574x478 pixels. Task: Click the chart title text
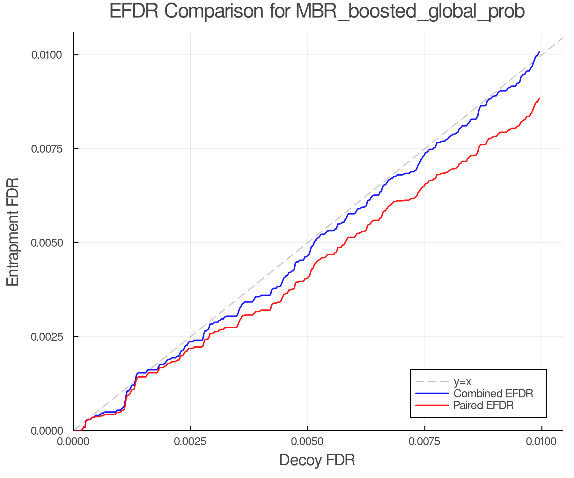(317, 11)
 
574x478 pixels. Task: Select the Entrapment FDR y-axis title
(13, 232)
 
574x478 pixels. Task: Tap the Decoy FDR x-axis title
(317, 460)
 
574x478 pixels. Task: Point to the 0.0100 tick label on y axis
(46, 55)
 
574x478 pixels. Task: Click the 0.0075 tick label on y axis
(46, 149)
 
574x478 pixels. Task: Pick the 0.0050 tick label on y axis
(46, 243)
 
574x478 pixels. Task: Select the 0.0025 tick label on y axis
(46, 337)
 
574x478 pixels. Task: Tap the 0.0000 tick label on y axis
(46, 431)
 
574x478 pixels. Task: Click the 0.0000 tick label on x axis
(73, 442)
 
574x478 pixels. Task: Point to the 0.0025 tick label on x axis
(190, 442)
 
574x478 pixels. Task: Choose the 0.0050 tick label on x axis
(307, 442)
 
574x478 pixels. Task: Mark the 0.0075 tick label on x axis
(424, 442)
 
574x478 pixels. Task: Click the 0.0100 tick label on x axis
(541, 442)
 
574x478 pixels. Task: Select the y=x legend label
(462, 381)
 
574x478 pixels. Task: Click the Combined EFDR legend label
(493, 394)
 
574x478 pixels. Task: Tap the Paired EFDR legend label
(483, 405)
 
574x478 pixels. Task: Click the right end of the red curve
(539, 98)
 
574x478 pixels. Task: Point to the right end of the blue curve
(539, 51)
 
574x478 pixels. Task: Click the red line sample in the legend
(432, 405)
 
